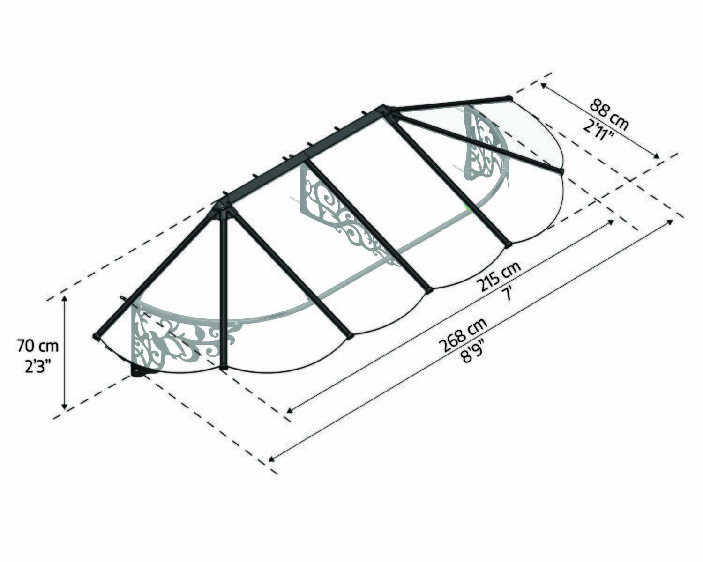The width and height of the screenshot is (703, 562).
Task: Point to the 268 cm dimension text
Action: [x=463, y=334]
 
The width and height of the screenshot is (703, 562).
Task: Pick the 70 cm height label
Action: [x=38, y=347]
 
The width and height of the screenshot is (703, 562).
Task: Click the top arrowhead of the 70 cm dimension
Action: [x=65, y=298]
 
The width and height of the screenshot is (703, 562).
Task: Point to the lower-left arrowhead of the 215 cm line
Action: [x=289, y=410]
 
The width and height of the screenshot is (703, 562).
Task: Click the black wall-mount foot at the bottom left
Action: [x=139, y=372]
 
